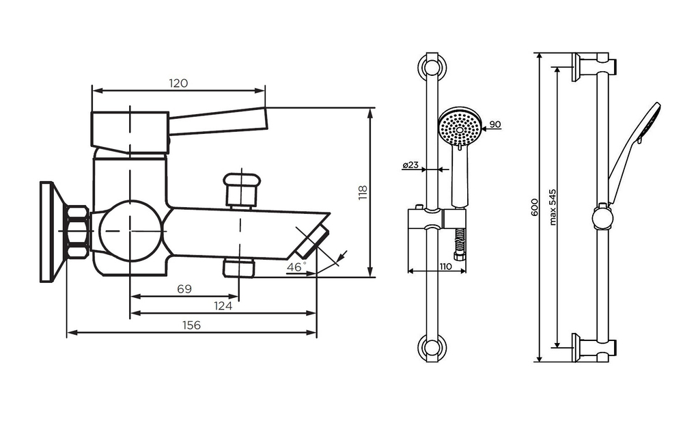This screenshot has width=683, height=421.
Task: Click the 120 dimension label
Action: [178, 83]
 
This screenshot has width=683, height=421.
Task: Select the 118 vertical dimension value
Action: [362, 193]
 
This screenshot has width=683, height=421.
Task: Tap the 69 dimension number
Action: [184, 289]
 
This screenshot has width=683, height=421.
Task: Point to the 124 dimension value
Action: [223, 306]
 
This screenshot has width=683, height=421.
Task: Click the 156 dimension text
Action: [192, 326]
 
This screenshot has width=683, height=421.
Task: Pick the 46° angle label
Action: [296, 267]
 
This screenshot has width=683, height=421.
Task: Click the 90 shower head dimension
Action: [495, 124]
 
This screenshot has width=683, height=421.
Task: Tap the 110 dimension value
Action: [445, 267]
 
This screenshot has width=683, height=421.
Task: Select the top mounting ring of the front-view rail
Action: [432, 68]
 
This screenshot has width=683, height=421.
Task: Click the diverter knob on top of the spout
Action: [242, 189]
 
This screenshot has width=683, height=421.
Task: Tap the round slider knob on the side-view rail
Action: [602, 218]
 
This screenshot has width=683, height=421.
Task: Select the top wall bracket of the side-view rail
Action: [593, 66]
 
